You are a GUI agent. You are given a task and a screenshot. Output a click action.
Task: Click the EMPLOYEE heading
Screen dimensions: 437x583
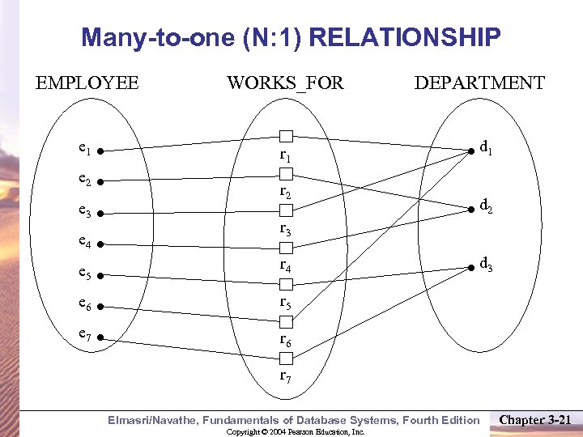tap(87, 83)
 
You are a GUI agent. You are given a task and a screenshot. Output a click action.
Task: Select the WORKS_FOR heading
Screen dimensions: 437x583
tap(285, 83)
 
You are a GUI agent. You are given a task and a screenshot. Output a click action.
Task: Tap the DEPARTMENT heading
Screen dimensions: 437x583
tap(479, 83)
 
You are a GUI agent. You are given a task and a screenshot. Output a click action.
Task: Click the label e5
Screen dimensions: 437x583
tap(83, 273)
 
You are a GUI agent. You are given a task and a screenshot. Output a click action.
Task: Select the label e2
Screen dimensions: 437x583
tap(83, 181)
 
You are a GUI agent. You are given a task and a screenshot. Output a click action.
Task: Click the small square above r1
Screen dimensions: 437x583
tap(285, 136)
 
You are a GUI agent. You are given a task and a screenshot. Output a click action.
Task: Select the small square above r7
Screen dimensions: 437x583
tap(285, 359)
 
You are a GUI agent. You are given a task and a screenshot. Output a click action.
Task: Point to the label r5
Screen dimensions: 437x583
tap(285, 303)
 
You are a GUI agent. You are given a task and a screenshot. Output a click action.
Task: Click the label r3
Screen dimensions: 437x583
tap(285, 230)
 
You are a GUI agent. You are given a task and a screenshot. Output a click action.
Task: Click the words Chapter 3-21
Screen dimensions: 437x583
tap(537, 419)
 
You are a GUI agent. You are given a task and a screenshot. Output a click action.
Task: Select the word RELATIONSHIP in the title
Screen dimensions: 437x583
tap(405, 37)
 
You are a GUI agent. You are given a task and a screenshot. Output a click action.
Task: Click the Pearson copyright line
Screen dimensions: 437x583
tap(296, 432)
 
